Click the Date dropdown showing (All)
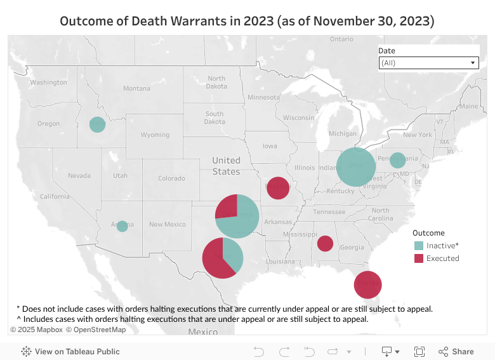pyautogui.click(x=428, y=63)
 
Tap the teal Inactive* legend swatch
pyautogui.click(x=419, y=246)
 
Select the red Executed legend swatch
pyautogui.click(x=419, y=258)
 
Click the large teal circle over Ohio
pyautogui.click(x=356, y=166)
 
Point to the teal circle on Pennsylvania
pyautogui.click(x=397, y=160)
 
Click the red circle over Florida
pyautogui.click(x=368, y=284)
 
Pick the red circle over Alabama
pyautogui.click(x=325, y=243)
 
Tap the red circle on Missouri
pyautogui.click(x=278, y=187)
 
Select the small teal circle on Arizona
pyautogui.click(x=122, y=225)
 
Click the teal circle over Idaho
pyautogui.click(x=97, y=124)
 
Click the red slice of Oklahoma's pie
pyautogui.click(x=227, y=206)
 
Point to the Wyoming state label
pyautogui.click(x=155, y=135)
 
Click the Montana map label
pyautogui.click(x=136, y=88)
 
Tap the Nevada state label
pyautogui.click(x=79, y=175)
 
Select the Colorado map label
pyautogui.click(x=171, y=178)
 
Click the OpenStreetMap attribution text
pyautogui.click(x=99, y=330)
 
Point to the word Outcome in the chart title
pyautogui.click(x=86, y=20)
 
